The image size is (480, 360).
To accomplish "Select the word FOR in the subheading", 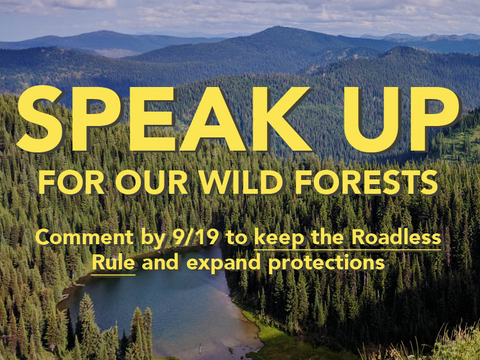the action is click(x=71, y=182).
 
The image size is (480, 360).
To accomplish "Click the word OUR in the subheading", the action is click(x=151, y=182).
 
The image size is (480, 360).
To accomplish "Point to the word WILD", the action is click(x=241, y=182).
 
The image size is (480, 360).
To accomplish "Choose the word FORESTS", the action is click(x=366, y=182).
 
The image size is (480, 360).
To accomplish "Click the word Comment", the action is click(x=85, y=238).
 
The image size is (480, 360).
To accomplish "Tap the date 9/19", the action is click(x=196, y=238).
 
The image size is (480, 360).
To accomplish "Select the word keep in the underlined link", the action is click(x=279, y=239).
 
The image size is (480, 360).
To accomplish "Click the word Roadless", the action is click(x=396, y=238).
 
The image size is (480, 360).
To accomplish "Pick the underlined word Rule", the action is click(x=113, y=263).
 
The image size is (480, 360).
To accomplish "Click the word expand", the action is click(x=223, y=264).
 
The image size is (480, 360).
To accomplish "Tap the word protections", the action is click(x=326, y=264).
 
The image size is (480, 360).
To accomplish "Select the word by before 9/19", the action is click(x=153, y=239).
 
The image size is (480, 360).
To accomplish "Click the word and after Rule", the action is click(x=160, y=263).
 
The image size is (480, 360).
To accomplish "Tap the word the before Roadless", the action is click(x=328, y=238).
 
